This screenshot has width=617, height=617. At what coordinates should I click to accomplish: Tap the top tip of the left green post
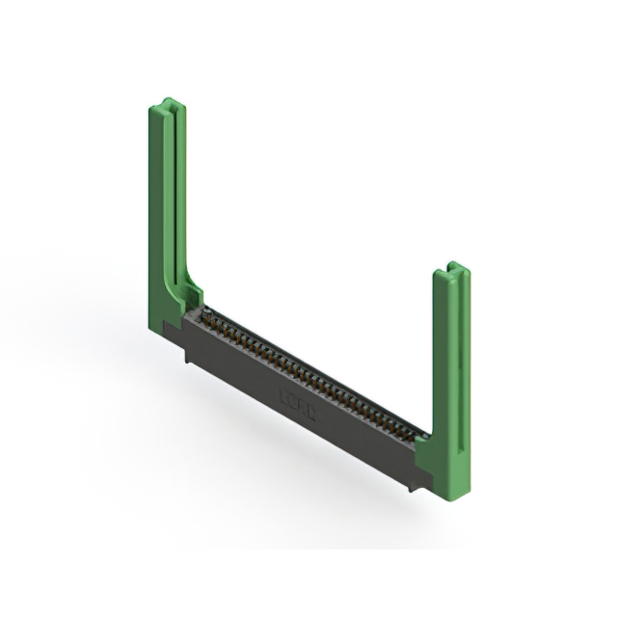coord(167,102)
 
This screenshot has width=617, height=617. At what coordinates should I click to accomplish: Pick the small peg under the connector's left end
coord(189,357)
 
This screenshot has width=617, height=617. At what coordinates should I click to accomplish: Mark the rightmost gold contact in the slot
coord(420,437)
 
